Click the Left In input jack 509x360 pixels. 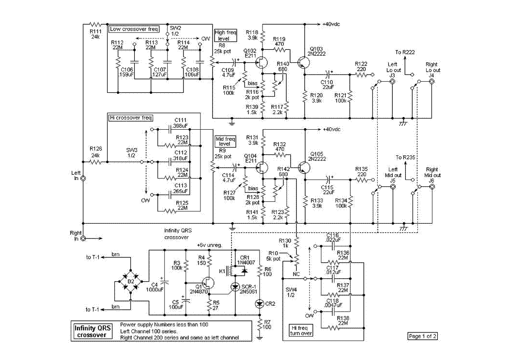tap(83, 179)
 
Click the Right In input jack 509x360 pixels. tap(83, 239)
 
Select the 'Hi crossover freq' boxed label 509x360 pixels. tap(130, 118)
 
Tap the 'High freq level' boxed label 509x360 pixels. tap(225, 35)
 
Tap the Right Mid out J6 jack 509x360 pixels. tap(432, 186)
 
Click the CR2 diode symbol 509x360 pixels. tap(260, 304)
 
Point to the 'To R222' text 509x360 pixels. tap(405, 52)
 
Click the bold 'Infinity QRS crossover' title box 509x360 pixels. tap(92, 331)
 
